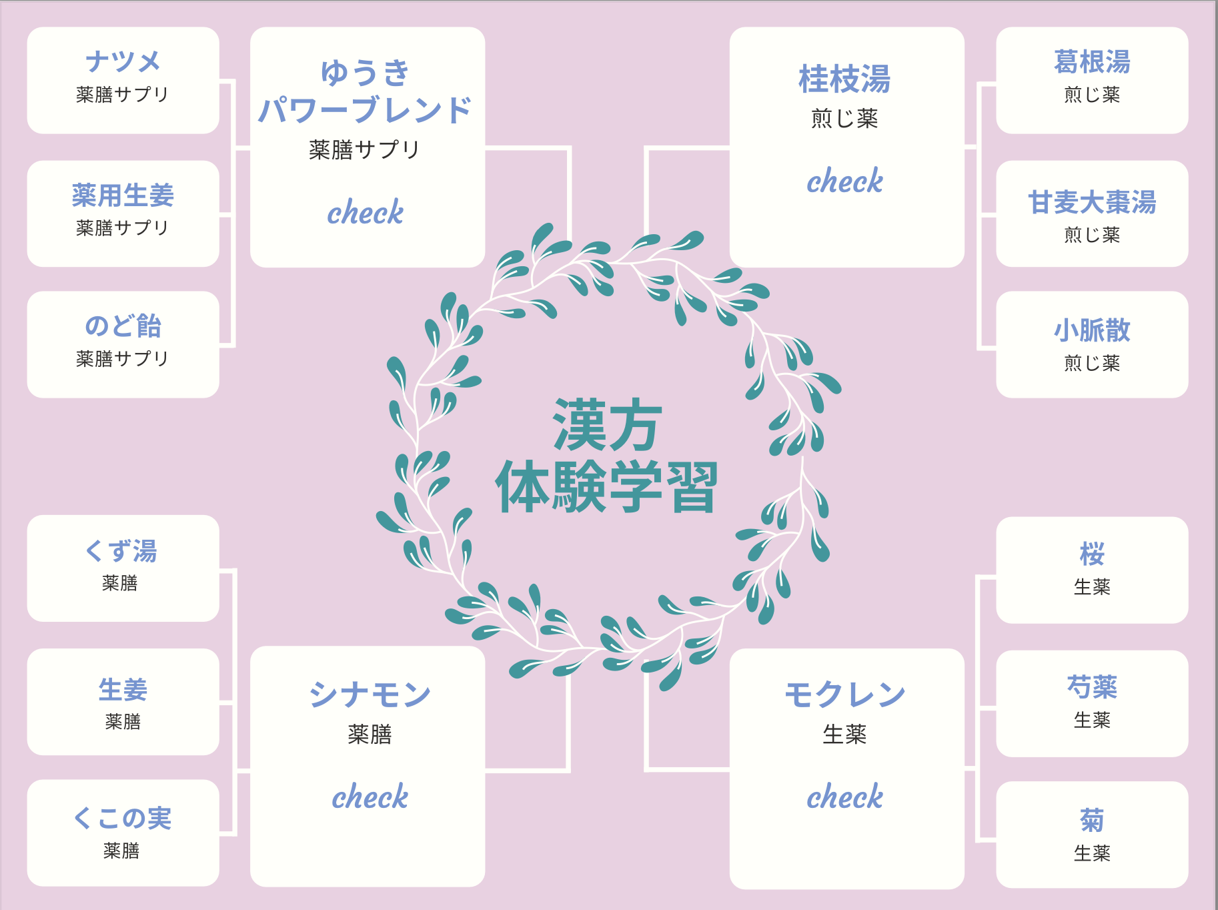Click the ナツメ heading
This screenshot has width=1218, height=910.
[x=123, y=61]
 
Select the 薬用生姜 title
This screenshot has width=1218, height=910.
[x=123, y=195]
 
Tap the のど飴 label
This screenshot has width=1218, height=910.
[x=123, y=326]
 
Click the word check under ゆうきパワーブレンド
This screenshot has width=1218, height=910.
[x=366, y=213]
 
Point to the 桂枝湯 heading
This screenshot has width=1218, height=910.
[x=844, y=79]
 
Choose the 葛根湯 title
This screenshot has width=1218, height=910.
[x=1092, y=62]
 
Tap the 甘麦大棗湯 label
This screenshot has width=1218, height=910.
[x=1092, y=202]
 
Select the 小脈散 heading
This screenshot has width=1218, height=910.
[x=1092, y=330]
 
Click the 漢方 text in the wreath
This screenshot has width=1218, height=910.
[x=608, y=426]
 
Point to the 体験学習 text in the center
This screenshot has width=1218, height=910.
[x=606, y=487]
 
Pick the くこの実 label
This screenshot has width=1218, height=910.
[x=123, y=819]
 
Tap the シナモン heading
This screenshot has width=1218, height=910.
[x=370, y=695]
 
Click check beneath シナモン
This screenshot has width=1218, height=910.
[x=370, y=797]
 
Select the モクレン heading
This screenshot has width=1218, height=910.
[x=844, y=695]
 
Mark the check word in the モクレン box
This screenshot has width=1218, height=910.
[x=844, y=797]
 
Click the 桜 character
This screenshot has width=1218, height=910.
[x=1092, y=554]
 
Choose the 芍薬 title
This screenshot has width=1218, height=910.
[x=1092, y=687]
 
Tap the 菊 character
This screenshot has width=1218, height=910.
[x=1092, y=821]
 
